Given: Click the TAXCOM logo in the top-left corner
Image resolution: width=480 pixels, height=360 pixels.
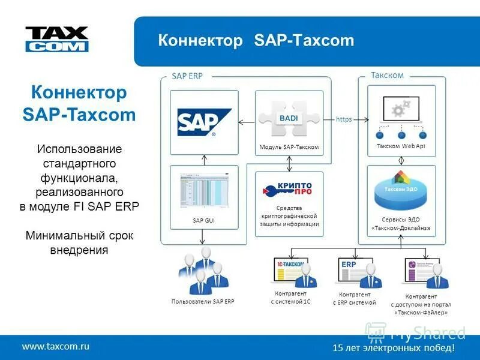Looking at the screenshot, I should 56,39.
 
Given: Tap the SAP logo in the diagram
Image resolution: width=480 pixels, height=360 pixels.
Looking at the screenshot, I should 204,122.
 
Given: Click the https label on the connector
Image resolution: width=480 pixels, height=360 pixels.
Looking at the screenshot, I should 344,119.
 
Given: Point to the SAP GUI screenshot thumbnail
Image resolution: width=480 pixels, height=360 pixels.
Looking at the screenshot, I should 204,192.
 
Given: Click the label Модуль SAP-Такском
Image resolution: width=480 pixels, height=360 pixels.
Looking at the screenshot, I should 289,147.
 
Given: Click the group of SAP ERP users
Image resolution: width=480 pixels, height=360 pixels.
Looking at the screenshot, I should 202,269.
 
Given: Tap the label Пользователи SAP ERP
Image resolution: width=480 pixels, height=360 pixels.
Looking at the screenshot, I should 202,301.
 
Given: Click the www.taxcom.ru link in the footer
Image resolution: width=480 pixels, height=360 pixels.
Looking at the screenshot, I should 56,346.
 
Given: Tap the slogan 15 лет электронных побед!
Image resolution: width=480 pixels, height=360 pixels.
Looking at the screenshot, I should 394,348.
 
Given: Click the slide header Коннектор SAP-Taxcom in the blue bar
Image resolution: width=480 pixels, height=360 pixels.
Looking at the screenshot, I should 256,41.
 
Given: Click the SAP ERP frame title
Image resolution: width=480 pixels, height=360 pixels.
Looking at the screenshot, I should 187,76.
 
